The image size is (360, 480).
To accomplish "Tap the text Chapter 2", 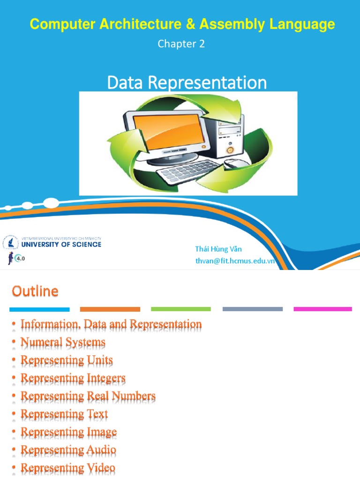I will click(181, 44).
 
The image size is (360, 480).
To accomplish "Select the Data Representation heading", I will click(187, 83).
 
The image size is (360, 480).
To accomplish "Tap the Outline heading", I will click(35, 292).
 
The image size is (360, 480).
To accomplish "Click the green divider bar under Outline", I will click(180, 309).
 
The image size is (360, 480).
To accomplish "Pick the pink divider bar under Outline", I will click(322, 309).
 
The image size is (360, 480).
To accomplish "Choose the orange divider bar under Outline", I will click(110, 309).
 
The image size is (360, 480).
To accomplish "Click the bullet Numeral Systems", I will click(63, 343).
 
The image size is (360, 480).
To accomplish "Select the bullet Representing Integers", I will click(73, 378).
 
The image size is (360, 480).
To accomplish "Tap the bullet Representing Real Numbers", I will click(88, 396).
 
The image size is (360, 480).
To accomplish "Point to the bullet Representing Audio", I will click(68, 450).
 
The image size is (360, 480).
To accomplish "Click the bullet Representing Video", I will click(68, 468).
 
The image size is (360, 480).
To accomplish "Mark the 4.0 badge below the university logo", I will click(19, 257).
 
